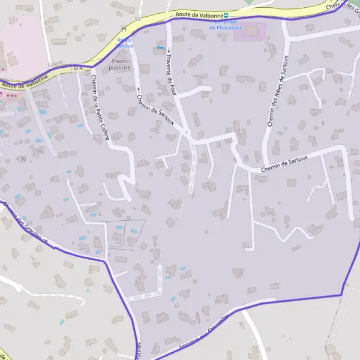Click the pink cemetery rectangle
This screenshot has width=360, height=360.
[x=250, y=32]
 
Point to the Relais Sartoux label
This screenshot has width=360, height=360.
[x=125, y=43]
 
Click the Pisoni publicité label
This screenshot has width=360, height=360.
[x=121, y=65]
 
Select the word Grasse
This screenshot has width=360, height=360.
[x=56, y=62]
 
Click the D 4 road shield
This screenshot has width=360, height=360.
[x=79, y=68]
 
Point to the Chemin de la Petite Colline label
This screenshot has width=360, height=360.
[x=101, y=107]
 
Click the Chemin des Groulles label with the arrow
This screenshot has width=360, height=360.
[x=24, y=223]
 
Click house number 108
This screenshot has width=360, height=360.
[x=39, y=150]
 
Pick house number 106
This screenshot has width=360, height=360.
[x=22, y=158]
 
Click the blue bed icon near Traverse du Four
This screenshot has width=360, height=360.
[x=160, y=47]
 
